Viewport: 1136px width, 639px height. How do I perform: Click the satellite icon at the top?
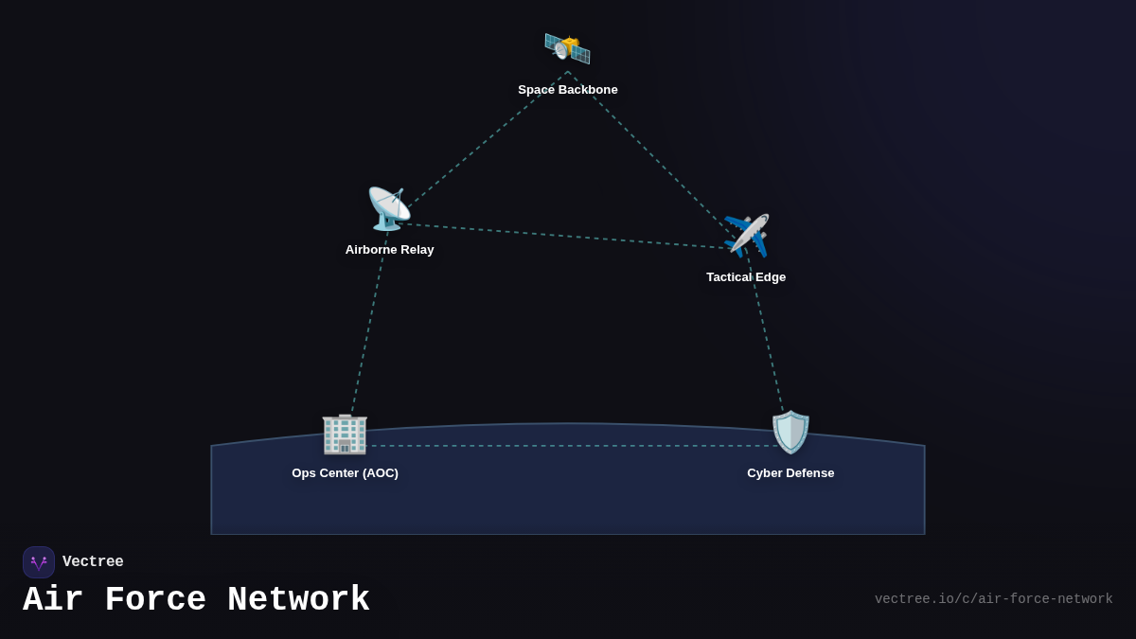[567, 48]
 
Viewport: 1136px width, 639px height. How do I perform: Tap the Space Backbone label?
[567, 90]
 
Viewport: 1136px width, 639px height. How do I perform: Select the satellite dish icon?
[389, 208]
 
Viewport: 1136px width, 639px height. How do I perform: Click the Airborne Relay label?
[389, 250]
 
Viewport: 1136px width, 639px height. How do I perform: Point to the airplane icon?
[746, 236]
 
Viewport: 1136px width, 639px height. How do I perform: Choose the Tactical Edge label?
[746, 277]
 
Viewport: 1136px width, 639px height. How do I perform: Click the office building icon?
[345, 433]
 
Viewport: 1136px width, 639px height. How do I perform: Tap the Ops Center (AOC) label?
[345, 473]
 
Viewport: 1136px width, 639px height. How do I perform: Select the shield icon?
[790, 433]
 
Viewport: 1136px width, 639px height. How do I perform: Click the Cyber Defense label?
[790, 473]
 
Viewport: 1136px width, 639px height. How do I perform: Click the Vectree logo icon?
[39, 562]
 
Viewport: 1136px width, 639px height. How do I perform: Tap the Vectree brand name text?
[93, 562]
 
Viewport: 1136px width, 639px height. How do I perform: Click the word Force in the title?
[154, 600]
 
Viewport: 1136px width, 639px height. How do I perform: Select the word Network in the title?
[298, 600]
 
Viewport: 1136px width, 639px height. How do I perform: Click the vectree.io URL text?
[993, 599]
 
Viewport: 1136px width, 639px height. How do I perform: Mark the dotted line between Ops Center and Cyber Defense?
[568, 446]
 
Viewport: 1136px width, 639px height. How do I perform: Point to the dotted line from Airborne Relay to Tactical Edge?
[568, 236]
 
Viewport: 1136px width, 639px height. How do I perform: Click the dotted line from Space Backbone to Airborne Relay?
[483, 143]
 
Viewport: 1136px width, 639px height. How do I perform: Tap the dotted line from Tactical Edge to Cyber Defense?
[767, 336]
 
